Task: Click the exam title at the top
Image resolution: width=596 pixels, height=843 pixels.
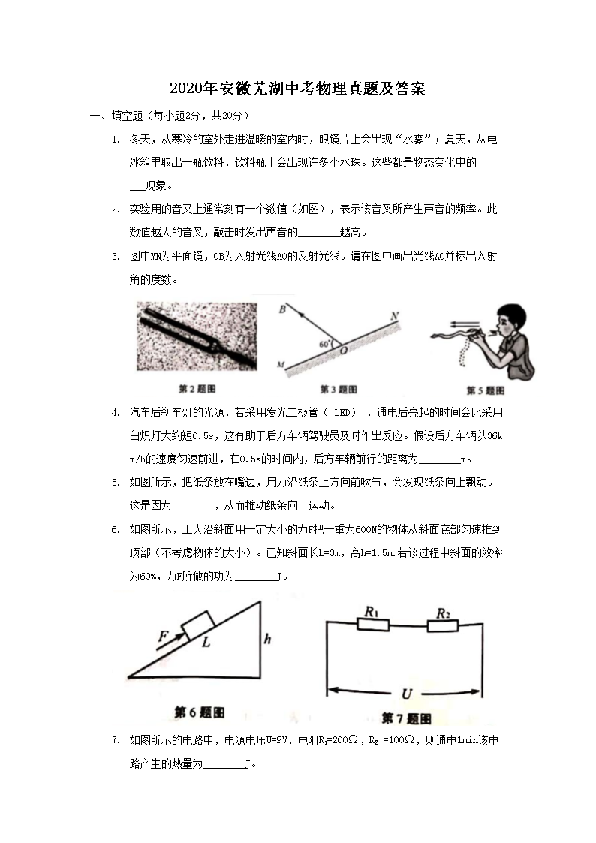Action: (297, 88)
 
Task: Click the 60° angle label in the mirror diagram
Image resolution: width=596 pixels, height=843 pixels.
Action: (324, 344)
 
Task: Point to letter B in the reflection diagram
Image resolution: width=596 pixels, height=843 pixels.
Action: (282, 309)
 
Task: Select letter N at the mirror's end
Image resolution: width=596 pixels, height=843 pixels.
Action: (394, 315)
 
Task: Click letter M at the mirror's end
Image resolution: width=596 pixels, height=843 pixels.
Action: (280, 366)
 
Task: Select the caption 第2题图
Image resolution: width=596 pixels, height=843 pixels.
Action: (197, 389)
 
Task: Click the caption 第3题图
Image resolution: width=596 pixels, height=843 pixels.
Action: (338, 389)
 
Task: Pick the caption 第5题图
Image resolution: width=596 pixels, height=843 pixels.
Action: (485, 390)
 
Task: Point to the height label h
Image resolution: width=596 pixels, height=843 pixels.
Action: (267, 640)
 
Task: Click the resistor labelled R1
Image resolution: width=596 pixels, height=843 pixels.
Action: (372, 625)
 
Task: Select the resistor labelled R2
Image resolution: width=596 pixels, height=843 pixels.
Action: (443, 625)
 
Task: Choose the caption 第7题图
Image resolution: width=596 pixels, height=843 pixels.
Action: (406, 718)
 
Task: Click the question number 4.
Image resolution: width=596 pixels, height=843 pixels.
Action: (116, 412)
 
